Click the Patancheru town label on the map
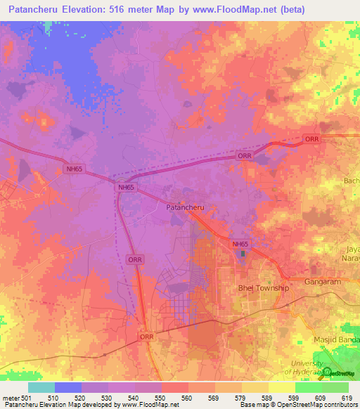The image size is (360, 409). click(185, 208)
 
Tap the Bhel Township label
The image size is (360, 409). click(263, 288)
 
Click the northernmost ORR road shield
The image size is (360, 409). click(311, 139)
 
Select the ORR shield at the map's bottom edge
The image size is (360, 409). click(146, 337)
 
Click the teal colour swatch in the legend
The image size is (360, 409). click(41, 387)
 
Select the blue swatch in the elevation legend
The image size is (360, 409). click(68, 387)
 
